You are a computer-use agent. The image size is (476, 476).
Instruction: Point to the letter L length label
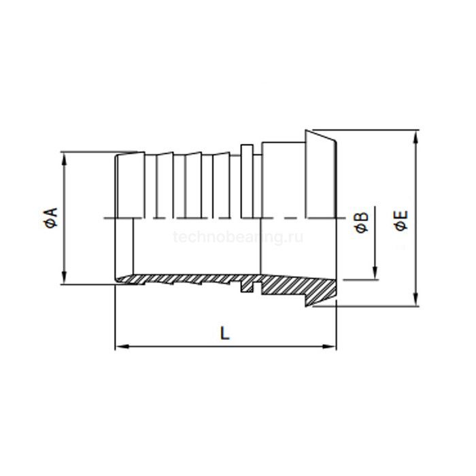pyautogui.click(x=225, y=333)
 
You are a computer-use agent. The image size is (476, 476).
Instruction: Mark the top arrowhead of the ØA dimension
pyautogui.click(x=65, y=157)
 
